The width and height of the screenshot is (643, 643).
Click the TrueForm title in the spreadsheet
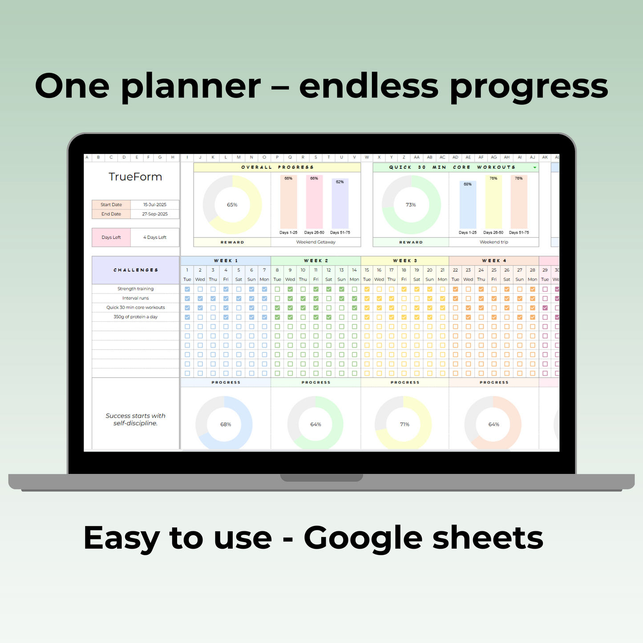[135, 177]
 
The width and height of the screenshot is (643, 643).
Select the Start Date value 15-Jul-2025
[154, 205]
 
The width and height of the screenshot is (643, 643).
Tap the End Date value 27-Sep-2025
[154, 214]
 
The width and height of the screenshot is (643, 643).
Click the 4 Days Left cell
[154, 237]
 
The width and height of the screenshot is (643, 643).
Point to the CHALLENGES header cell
[135, 270]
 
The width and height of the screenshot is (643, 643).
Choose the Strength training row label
[135, 289]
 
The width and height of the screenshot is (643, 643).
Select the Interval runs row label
[135, 298]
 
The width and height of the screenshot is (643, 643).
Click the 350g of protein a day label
[135, 317]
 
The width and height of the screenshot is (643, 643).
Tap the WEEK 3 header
[404, 261]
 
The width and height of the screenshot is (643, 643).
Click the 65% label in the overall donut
[232, 205]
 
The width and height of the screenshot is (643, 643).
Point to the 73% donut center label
[411, 205]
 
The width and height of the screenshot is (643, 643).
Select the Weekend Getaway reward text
[315, 242]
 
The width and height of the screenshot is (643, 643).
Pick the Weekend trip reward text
[493, 242]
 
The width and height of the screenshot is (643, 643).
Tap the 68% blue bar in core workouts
[468, 205]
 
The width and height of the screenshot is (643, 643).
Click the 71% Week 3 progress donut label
[404, 425]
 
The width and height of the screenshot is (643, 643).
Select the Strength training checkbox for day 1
[187, 289]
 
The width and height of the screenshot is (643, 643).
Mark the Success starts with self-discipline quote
[135, 419]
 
